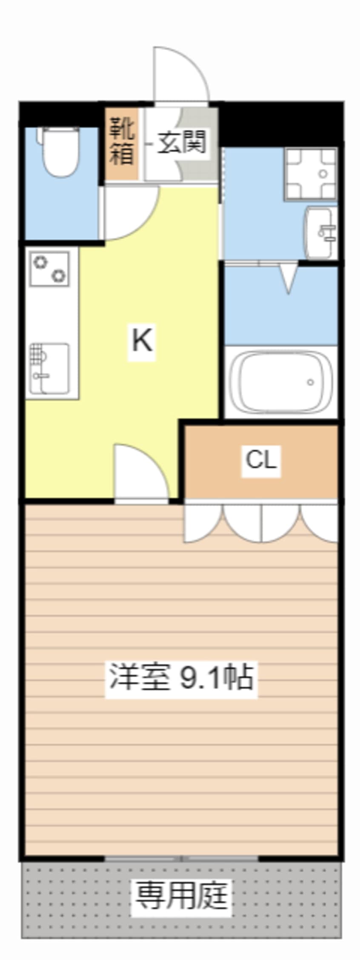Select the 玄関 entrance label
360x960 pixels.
click(x=182, y=142)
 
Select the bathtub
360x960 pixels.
click(x=280, y=382)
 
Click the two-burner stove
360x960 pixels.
click(x=49, y=269)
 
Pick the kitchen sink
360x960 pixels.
click(x=49, y=368)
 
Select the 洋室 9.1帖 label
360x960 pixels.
click(x=181, y=677)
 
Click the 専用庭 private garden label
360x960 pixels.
click(x=181, y=895)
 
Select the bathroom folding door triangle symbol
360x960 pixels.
click(x=289, y=278)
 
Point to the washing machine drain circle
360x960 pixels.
click(x=323, y=174)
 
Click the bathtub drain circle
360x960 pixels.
click(x=311, y=382)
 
